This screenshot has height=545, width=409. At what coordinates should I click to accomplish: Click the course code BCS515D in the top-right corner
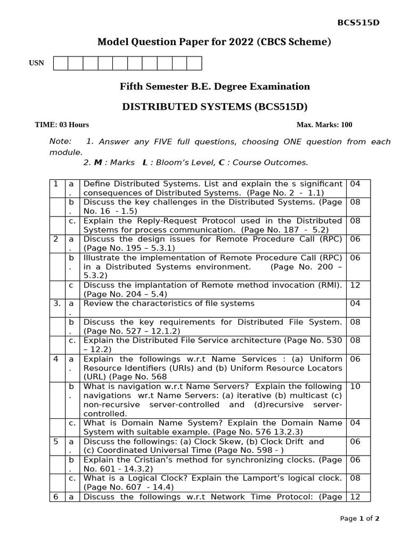point(359,22)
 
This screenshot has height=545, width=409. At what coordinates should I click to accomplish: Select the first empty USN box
point(61,64)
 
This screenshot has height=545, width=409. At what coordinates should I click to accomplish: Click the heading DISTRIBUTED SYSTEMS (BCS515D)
point(215,106)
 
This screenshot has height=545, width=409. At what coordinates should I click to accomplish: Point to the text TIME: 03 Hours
point(62,125)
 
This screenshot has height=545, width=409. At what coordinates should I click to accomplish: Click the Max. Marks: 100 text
point(324,125)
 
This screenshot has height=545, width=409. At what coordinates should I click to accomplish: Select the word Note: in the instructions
point(60,141)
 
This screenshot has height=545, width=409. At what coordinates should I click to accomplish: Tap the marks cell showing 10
point(355,386)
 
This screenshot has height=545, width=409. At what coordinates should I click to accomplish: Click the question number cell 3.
point(56,303)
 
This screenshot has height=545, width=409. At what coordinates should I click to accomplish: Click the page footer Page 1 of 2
point(359,518)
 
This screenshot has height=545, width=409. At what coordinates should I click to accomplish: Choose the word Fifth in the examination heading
point(133,86)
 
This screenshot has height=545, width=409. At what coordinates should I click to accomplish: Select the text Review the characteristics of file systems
point(169,303)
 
